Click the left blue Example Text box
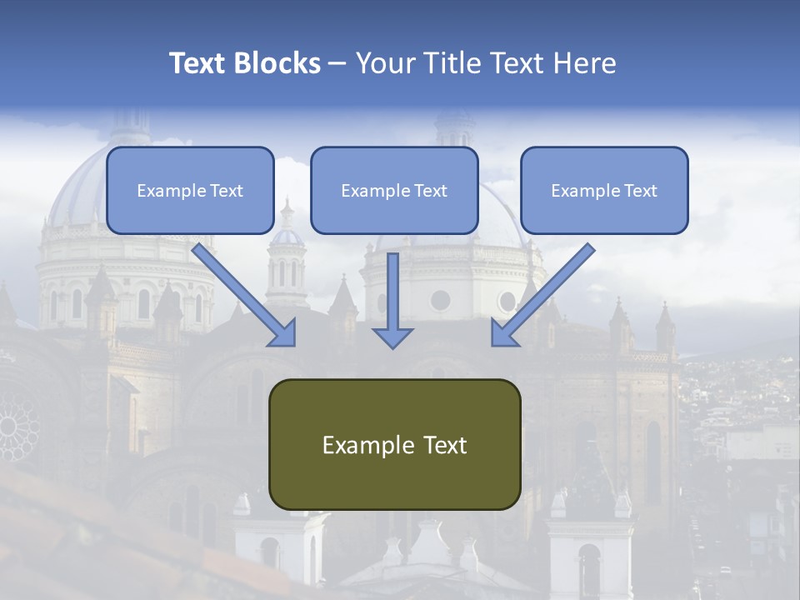[x=190, y=190]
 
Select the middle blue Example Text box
[x=394, y=190]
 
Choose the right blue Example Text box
[x=604, y=190]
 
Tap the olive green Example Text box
[x=394, y=445]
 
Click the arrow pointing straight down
[x=392, y=300]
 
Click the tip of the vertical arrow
[x=392, y=345]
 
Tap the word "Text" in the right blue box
[x=640, y=191]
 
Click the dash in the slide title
[x=337, y=64]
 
